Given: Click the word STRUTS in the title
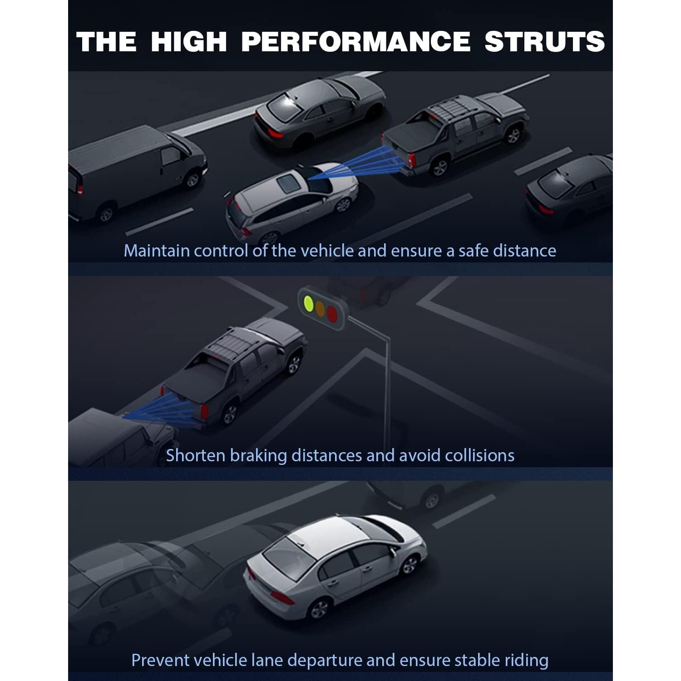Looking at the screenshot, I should click(x=544, y=42).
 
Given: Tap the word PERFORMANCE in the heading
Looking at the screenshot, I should click(x=355, y=42).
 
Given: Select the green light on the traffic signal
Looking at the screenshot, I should click(x=309, y=303).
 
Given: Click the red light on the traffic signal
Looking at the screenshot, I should click(x=333, y=314).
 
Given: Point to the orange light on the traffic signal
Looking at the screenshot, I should click(x=321, y=309).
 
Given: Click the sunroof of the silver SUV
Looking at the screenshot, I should click(x=288, y=184).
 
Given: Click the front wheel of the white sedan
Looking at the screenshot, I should click(x=410, y=565).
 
